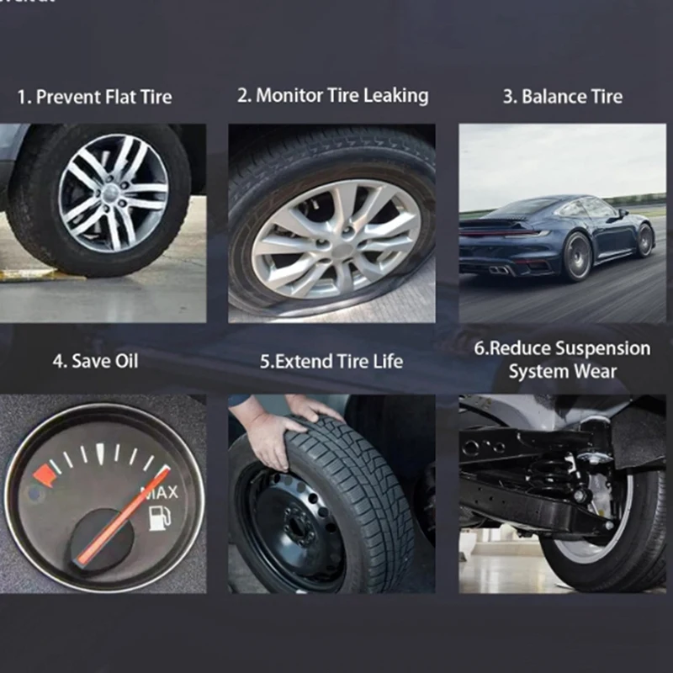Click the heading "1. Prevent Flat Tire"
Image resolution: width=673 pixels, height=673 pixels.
pyautogui.click(x=94, y=97)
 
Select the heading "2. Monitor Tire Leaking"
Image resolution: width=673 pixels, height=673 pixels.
pyautogui.click(x=332, y=95)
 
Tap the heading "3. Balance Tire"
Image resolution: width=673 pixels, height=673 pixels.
pyautogui.click(x=562, y=96)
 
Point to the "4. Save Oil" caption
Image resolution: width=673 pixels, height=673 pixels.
pyautogui.click(x=95, y=361)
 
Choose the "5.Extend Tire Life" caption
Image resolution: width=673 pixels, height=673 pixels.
pyautogui.click(x=331, y=362)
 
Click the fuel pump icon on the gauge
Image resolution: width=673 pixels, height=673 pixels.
pyautogui.click(x=157, y=517)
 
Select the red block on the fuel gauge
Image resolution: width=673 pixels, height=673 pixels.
pyautogui.click(x=44, y=476)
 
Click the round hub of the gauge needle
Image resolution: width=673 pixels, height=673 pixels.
pyautogui.click(x=103, y=538)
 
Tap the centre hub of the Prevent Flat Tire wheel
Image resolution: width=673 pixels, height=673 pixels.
pyautogui.click(x=113, y=193)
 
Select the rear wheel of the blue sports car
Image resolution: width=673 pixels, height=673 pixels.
pyautogui.click(x=577, y=256)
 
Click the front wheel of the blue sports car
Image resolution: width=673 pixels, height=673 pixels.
pyautogui.click(x=644, y=241)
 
